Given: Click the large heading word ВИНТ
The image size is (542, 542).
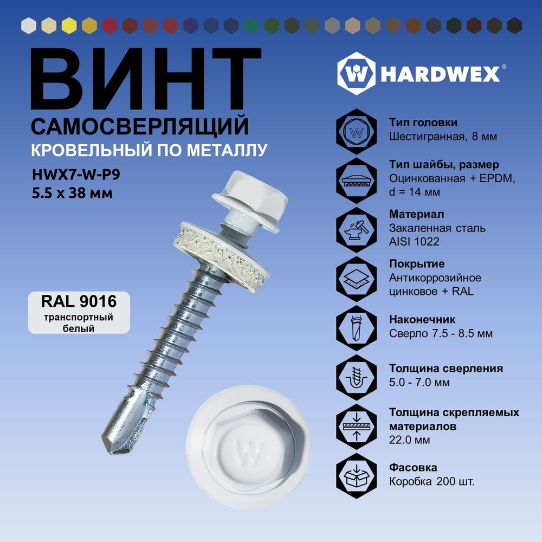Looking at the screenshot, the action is click(145, 79).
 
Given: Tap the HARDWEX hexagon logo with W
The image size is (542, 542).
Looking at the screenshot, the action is click(357, 73).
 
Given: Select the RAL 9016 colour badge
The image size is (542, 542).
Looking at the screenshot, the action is click(79, 313).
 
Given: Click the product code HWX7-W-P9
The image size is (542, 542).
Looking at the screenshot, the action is click(76, 175).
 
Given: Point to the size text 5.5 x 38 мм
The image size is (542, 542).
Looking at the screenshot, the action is click(72, 193).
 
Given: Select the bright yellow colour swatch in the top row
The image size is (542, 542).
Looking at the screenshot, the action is click(69, 25).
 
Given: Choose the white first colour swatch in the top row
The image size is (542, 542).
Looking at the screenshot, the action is click(29, 25).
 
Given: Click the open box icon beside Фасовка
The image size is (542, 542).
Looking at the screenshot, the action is click(357, 476).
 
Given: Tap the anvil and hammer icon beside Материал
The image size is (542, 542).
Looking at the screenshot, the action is click(357, 229).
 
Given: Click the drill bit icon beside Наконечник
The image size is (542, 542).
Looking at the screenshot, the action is click(357, 328).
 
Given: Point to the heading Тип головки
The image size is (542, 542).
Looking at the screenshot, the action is click(423, 122).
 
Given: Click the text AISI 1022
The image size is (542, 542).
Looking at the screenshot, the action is click(414, 242).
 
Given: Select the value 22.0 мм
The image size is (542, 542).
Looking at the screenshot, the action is click(410, 440).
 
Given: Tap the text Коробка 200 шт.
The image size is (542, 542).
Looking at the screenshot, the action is click(432, 481).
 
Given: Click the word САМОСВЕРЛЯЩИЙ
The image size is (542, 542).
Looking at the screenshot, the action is click(140, 126).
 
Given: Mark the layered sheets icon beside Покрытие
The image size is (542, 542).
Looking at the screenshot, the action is click(357, 279).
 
